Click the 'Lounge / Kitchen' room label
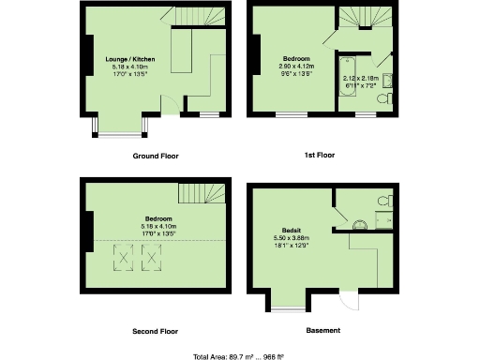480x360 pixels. (x=130, y=59)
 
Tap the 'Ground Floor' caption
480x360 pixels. (x=156, y=156)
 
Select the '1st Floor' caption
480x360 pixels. (x=320, y=155)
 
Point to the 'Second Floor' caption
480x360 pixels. (x=155, y=331)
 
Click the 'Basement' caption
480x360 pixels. (x=322, y=330)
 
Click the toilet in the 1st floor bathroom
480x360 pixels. (x=383, y=97)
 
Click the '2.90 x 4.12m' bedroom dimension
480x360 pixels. (x=297, y=66)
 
